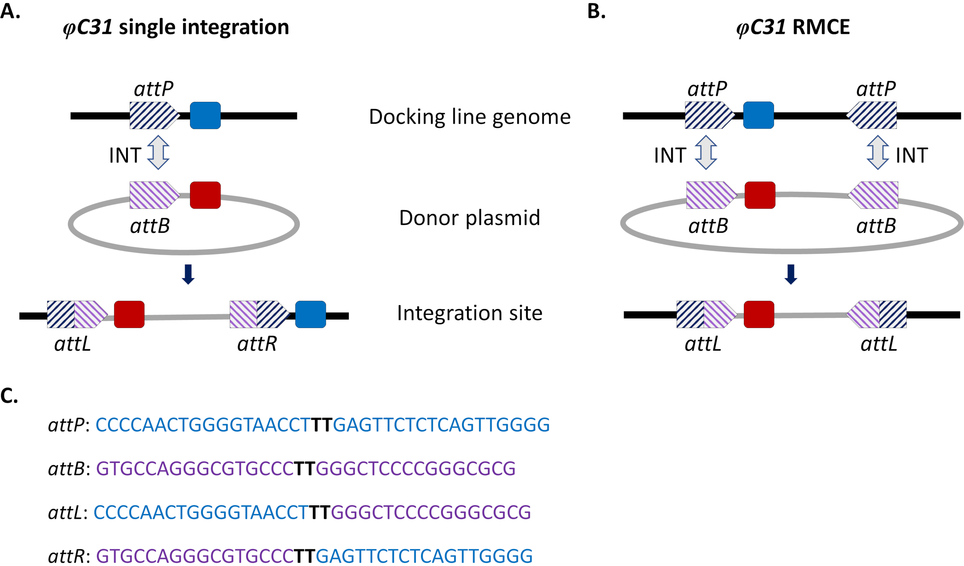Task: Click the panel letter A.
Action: [10, 12]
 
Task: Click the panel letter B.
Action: [596, 12]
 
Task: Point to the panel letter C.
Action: [9, 396]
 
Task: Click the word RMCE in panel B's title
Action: [821, 27]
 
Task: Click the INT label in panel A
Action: [125, 155]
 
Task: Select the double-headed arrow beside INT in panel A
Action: [158, 152]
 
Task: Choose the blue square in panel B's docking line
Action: [759, 115]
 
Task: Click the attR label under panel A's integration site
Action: [257, 344]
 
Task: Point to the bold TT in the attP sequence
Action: [321, 425]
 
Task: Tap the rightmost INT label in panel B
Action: [912, 155]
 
